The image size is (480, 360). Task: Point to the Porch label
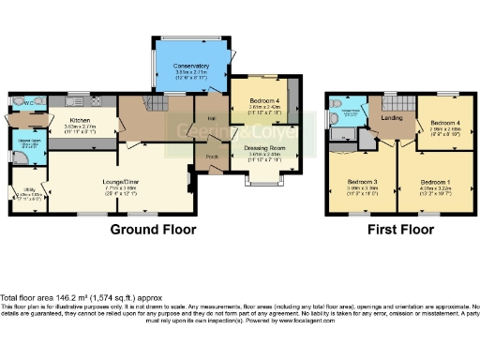(x=213, y=157)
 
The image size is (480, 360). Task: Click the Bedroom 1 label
(x=435, y=180)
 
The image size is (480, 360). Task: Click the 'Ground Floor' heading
(x=153, y=229)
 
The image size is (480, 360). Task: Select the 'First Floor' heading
(x=401, y=229)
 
